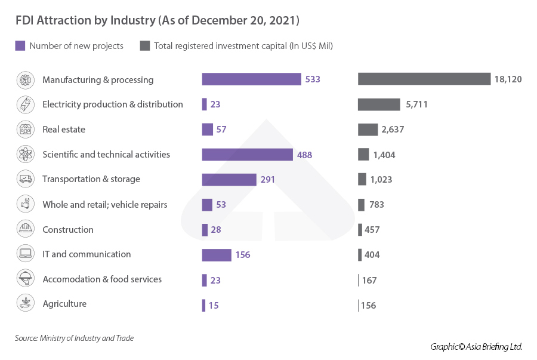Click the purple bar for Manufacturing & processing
pos(251,79)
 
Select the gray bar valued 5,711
pos(379,104)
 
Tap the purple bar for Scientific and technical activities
pos(247,155)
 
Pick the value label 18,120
pos(508,79)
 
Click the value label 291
pos(267,179)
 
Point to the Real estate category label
pos(64,130)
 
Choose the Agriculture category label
pos(64,304)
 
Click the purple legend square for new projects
pos(20,46)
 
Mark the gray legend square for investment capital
pos(144,46)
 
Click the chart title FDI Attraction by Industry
pos(158,20)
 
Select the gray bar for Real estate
pos(368,130)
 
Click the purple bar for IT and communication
pos(217,255)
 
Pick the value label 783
pos(376,205)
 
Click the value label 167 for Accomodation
pos(369,280)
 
